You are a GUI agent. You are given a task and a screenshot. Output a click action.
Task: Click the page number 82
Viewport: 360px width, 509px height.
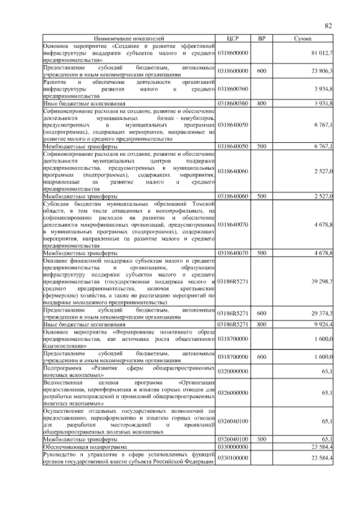[x=329, y=25]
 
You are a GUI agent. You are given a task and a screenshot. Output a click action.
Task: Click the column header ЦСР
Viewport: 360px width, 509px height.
[x=233, y=38]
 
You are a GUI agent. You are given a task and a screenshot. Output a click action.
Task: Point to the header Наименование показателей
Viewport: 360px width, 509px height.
[x=130, y=38]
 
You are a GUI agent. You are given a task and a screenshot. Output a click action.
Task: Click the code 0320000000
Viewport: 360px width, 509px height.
[x=233, y=371]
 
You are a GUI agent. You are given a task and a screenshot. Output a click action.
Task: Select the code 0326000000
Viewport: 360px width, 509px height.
[x=233, y=393]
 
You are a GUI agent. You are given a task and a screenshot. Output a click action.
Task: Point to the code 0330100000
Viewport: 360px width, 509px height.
[x=233, y=458]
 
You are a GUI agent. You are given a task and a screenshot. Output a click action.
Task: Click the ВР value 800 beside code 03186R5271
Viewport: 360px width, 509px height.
[x=261, y=325]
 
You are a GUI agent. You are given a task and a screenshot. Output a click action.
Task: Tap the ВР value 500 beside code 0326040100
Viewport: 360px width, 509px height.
[x=261, y=439]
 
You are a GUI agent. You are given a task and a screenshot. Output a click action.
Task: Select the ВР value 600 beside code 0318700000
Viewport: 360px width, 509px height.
[x=261, y=357]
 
